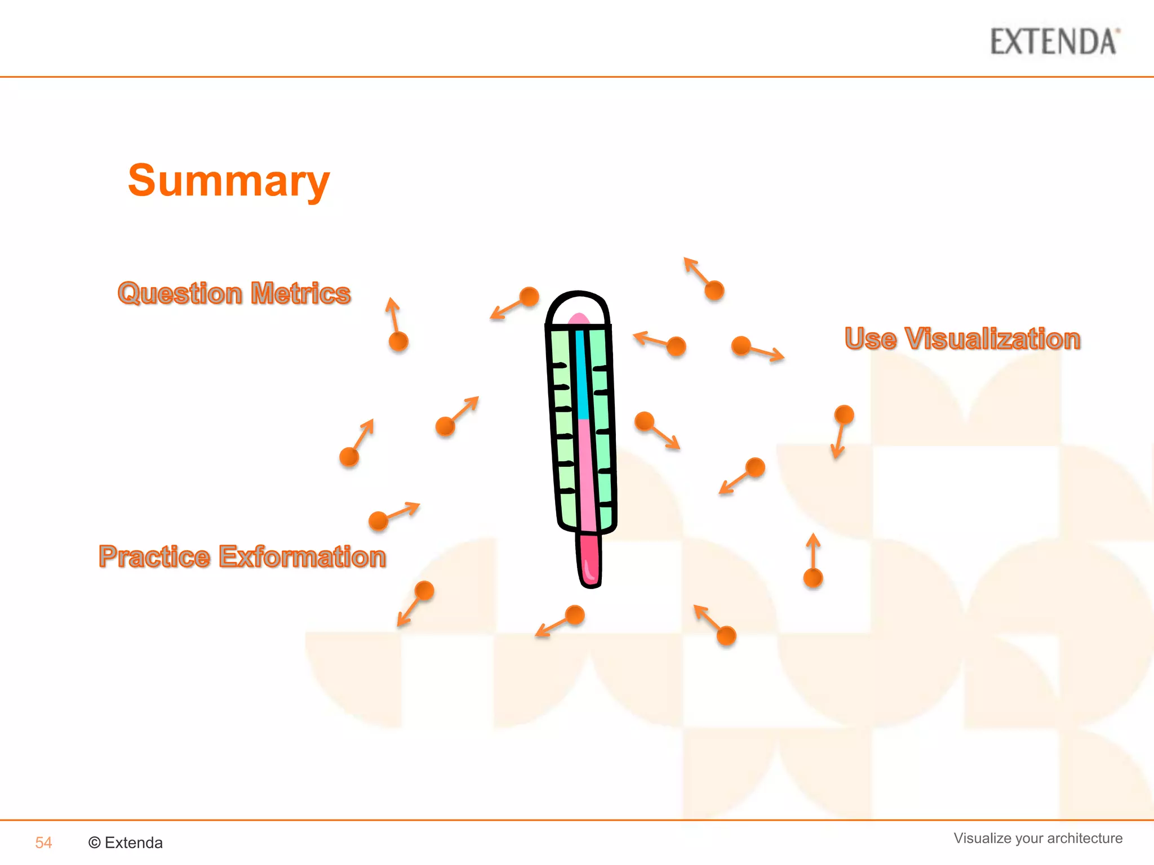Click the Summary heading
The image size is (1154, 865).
click(228, 181)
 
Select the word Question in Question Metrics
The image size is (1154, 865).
click(180, 293)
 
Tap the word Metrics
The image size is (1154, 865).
click(300, 293)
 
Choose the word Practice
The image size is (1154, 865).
click(154, 556)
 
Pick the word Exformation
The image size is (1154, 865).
click(302, 556)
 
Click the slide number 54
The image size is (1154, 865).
click(43, 842)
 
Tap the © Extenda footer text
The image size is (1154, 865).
click(126, 842)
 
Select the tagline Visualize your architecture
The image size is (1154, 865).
click(1037, 838)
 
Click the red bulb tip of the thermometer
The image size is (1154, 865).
click(589, 560)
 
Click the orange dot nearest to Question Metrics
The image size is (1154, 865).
click(398, 341)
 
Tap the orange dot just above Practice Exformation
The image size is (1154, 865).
click(378, 520)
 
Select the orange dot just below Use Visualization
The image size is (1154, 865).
click(844, 415)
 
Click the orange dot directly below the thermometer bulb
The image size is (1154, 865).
click(574, 615)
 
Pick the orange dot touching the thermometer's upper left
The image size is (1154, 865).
click(529, 296)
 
